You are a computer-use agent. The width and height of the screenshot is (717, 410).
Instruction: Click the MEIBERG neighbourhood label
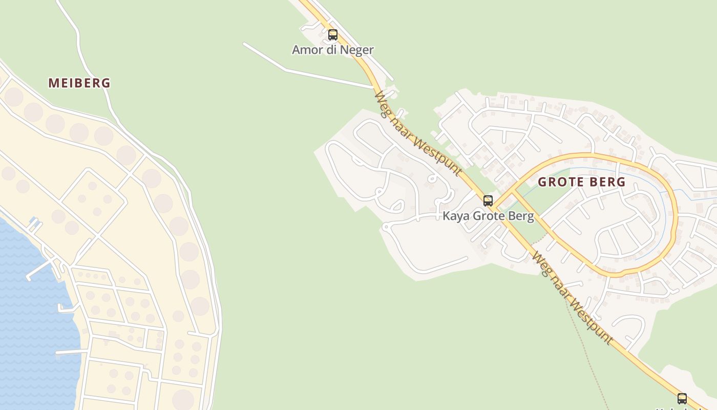click(79, 83)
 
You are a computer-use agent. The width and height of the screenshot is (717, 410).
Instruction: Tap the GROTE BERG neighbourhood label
click(582, 182)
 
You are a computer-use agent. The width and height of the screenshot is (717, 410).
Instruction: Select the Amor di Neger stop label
click(333, 50)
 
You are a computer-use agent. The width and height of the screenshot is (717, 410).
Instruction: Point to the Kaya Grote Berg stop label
click(488, 216)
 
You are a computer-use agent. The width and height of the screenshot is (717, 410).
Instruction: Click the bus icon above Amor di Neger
click(333, 35)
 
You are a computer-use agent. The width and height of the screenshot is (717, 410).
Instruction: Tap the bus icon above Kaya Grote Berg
click(488, 200)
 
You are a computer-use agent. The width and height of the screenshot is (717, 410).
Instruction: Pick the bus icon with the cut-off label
click(682, 398)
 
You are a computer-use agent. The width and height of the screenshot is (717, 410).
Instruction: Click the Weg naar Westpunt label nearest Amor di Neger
click(418, 134)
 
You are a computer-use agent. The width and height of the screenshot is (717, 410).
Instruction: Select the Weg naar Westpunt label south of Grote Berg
click(572, 298)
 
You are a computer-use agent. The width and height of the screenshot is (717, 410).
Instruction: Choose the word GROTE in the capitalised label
click(560, 182)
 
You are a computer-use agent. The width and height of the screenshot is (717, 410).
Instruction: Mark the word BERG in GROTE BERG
click(608, 182)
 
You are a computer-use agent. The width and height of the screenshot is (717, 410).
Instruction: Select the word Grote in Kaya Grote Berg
click(489, 216)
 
